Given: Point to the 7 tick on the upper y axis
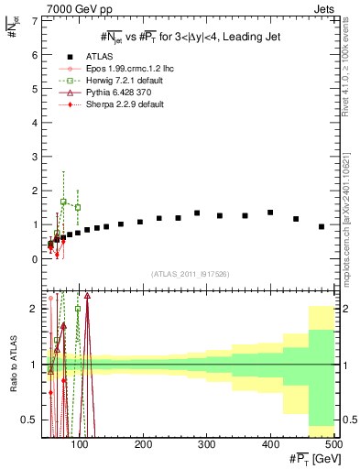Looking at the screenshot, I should (x=34, y=20).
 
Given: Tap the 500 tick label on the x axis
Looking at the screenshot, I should (x=333, y=444).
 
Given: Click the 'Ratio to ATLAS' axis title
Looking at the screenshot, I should (x=11, y=362).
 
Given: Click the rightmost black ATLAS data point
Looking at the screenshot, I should (x=322, y=226).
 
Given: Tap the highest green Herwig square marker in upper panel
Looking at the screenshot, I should (x=63, y=202).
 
